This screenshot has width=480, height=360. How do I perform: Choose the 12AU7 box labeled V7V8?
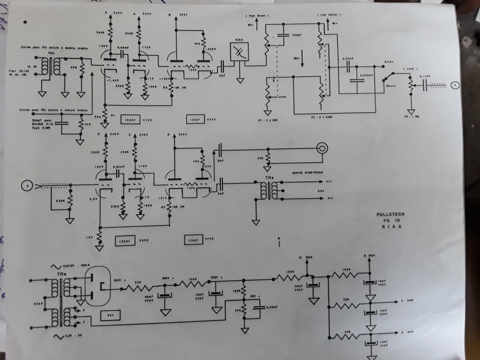click(x=193, y=239)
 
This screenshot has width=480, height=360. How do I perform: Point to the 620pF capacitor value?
click(x=284, y=36)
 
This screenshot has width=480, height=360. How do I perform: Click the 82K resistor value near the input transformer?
click(x=74, y=68)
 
